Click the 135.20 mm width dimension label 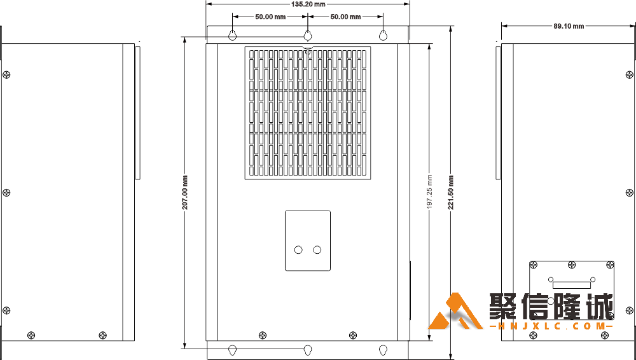tap(308, 4)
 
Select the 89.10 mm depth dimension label tap(569, 26)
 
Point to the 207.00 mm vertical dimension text tap(185, 192)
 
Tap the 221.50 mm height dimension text tap(451, 192)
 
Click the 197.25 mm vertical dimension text tap(429, 192)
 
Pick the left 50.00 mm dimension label tap(270, 17)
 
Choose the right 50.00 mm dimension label tap(345, 17)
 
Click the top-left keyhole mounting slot tap(232, 36)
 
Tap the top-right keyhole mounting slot tap(384, 36)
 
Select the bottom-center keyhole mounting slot tap(308, 350)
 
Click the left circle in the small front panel tap(298, 249)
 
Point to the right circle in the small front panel tap(317, 249)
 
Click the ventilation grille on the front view tap(308, 113)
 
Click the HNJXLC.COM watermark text tap(551, 326)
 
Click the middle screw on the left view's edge tap(6, 192)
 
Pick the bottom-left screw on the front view tap(263, 335)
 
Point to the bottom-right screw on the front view tap(353, 335)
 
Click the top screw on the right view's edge tap(629, 74)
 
